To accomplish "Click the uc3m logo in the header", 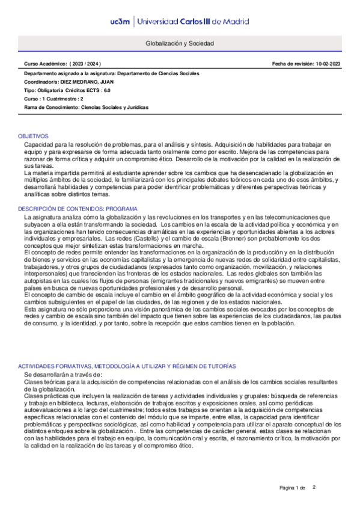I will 121,21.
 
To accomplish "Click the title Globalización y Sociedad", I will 180,44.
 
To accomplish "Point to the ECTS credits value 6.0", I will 106,90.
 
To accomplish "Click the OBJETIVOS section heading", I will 32,137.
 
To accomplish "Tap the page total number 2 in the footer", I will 314,487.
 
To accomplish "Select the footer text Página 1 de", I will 293,487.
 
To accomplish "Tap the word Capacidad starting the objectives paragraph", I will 37,145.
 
